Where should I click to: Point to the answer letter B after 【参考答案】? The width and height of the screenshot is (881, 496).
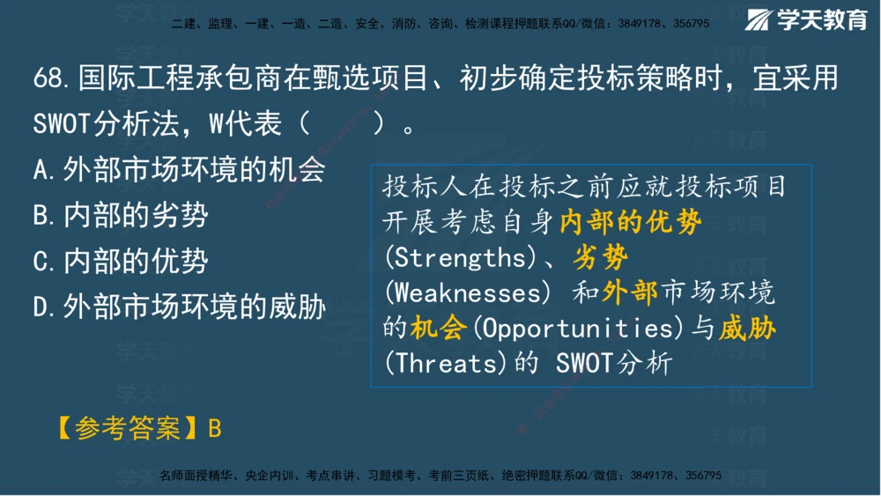pyautogui.click(x=214, y=429)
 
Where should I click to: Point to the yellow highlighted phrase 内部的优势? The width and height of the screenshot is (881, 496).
pyautogui.click(x=630, y=223)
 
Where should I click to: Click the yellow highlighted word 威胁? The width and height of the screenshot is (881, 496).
pyautogui.click(x=747, y=328)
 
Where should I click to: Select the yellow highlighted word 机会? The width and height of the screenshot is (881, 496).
pyautogui.click(x=438, y=328)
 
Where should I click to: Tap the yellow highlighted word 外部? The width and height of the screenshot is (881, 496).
pyautogui.click(x=631, y=292)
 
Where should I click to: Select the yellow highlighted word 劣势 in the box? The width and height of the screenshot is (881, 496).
pyautogui.click(x=601, y=258)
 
